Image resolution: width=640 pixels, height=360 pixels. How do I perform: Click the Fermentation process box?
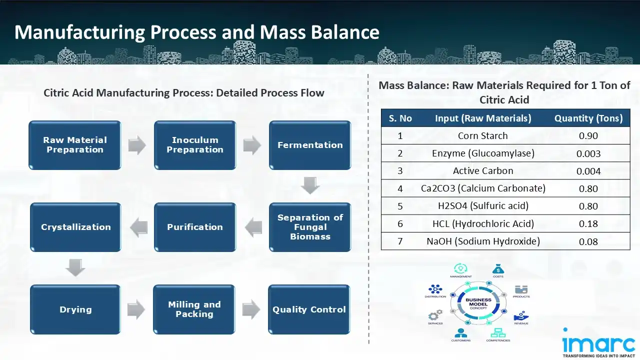[x=310, y=145]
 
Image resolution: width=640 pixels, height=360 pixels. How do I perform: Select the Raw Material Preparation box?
[x=75, y=145]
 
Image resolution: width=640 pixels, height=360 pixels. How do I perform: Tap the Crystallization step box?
[x=75, y=227]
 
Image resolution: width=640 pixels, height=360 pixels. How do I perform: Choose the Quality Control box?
[x=309, y=309]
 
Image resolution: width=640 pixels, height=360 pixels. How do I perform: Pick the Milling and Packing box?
[x=194, y=309]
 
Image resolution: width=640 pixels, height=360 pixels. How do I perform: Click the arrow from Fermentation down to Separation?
[x=310, y=186]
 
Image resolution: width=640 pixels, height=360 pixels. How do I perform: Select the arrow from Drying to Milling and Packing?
[x=136, y=309]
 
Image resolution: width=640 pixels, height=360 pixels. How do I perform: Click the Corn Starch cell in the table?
[x=482, y=136]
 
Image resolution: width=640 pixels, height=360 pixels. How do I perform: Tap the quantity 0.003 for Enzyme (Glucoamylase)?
[x=588, y=154]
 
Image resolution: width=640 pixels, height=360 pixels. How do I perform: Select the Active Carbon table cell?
[x=482, y=171]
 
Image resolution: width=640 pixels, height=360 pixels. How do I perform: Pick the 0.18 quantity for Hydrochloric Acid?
[x=588, y=224]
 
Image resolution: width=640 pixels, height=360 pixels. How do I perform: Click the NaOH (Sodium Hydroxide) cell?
[x=482, y=241]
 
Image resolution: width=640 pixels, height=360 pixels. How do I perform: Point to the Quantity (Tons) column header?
[x=588, y=118]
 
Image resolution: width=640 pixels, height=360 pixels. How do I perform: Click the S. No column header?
[x=400, y=118]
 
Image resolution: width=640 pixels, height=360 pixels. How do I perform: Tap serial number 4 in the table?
[x=400, y=189]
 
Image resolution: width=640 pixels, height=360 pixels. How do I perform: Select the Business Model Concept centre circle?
[x=478, y=303]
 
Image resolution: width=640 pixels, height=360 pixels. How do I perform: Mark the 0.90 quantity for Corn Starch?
[x=588, y=136]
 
